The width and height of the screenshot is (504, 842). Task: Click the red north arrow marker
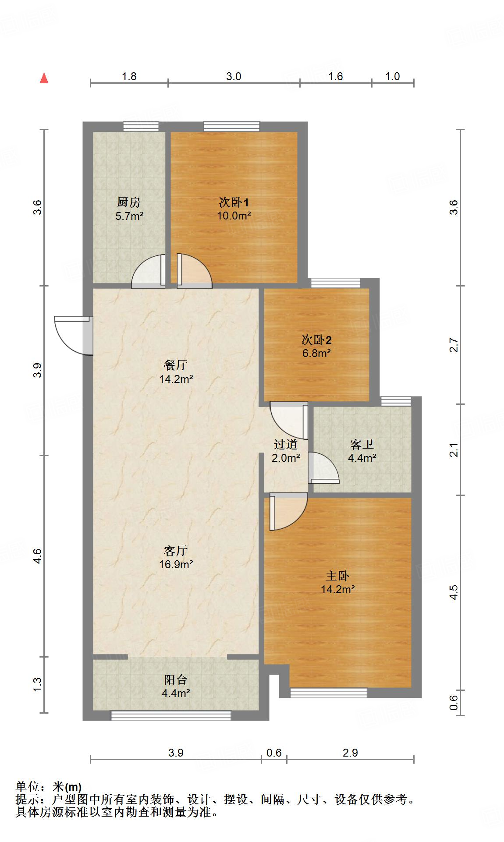pos(44,78)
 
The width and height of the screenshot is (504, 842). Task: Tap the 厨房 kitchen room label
pos(129,202)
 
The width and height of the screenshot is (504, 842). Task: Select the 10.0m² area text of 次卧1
pos(234,216)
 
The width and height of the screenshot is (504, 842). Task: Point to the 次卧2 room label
pos(316,340)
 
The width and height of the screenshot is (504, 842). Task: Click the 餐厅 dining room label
pos(176,365)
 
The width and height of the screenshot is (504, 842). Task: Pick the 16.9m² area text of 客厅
pos(176,564)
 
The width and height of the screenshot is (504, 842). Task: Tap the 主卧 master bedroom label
pos(337,576)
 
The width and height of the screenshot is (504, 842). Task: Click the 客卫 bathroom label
pos(362,445)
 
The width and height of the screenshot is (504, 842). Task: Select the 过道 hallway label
pos(286,445)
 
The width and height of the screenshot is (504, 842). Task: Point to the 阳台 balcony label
pos(176,679)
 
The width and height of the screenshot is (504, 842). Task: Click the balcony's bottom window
pos(171,715)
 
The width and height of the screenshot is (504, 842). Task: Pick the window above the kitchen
pos(141,126)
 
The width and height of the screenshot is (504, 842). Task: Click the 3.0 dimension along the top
pos(234,77)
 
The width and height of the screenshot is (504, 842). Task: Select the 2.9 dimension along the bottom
pos(350,753)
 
